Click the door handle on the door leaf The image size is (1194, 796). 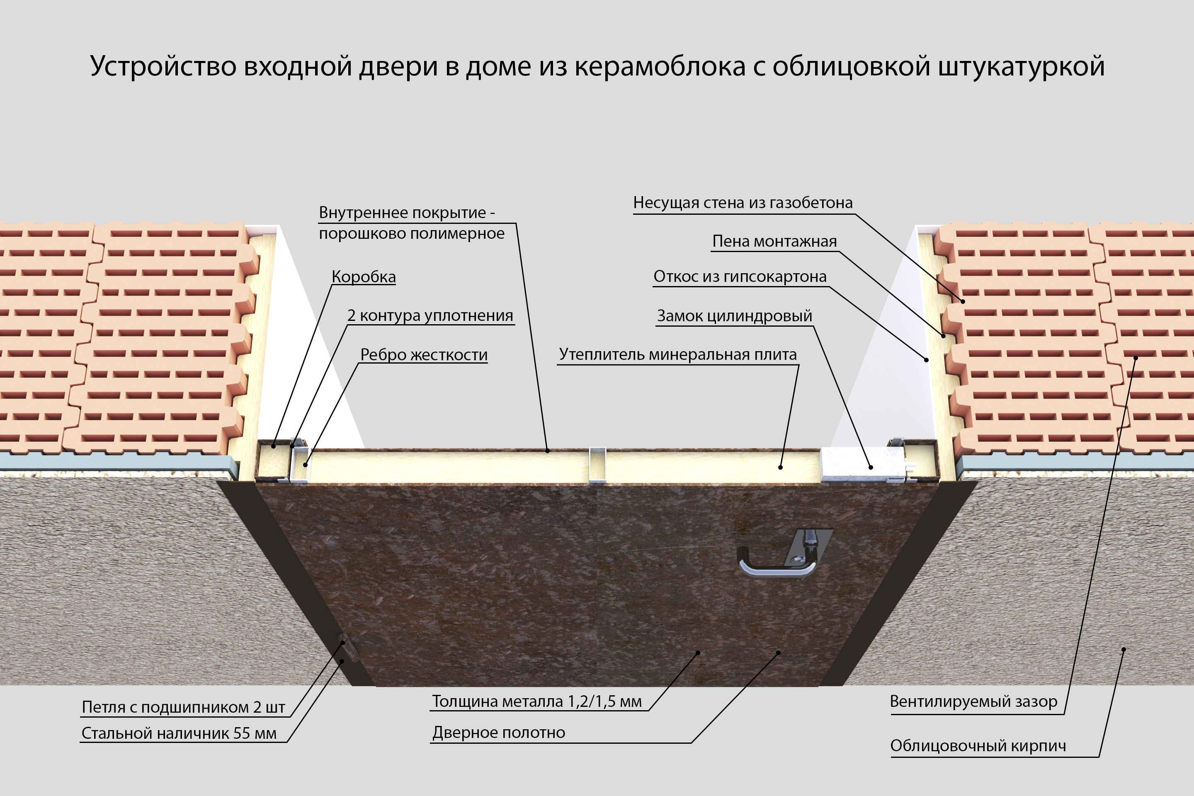pos(777,563)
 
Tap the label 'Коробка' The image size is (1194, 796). pos(364,277)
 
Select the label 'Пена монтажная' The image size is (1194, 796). pos(774,241)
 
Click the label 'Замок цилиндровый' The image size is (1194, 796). pos(734,316)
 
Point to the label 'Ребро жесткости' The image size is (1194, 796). pos(424,354)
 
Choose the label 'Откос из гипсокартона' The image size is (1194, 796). pos(740,276)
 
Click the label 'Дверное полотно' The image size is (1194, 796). pos(498,733)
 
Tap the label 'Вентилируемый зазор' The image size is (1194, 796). pos(973,701)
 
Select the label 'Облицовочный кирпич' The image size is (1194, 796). pos(978,746)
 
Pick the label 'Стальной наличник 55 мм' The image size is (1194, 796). pos(179,733)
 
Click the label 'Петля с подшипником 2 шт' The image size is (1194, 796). pos(183,707)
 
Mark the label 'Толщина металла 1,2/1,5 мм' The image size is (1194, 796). pos(536,701)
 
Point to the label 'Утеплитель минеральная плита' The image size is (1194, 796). pos(678,354)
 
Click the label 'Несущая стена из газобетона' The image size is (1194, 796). pos(743,203)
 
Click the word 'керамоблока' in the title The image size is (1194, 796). pos(660,66)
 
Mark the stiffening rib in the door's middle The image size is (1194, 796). pos(597,464)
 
